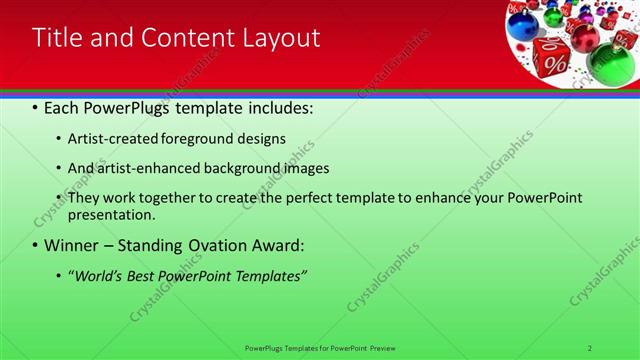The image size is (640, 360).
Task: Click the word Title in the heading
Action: tap(58, 39)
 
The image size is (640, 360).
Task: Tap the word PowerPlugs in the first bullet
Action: tap(129, 105)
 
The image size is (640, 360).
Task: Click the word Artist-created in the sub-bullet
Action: tap(111, 138)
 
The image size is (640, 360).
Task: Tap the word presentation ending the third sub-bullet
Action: tap(110, 215)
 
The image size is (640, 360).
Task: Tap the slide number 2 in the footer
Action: tap(590, 347)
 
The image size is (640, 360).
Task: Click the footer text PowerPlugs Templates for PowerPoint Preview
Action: tap(320, 347)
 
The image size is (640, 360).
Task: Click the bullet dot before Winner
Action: tap(36, 245)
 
